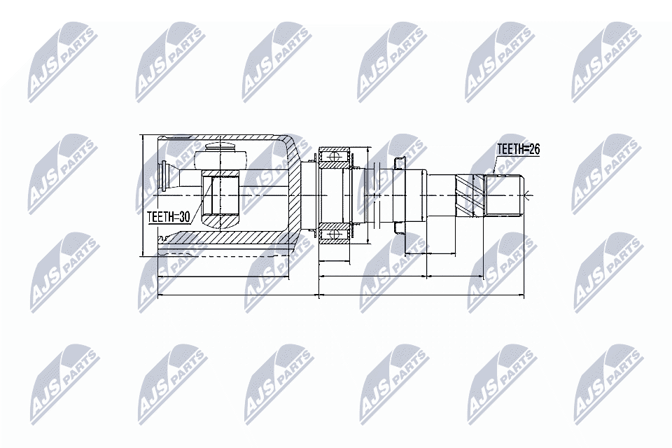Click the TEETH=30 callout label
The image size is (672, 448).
point(169,218)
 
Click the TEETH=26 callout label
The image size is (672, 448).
point(518,150)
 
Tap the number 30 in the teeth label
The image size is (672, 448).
point(184,218)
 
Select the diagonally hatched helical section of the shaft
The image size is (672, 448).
point(470,194)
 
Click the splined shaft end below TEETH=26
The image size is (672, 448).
point(504,195)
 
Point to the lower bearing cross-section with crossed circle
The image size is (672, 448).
point(335,231)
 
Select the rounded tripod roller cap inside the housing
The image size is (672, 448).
point(220,150)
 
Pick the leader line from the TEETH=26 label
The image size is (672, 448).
point(494,165)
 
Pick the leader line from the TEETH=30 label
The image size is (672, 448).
point(199,203)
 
